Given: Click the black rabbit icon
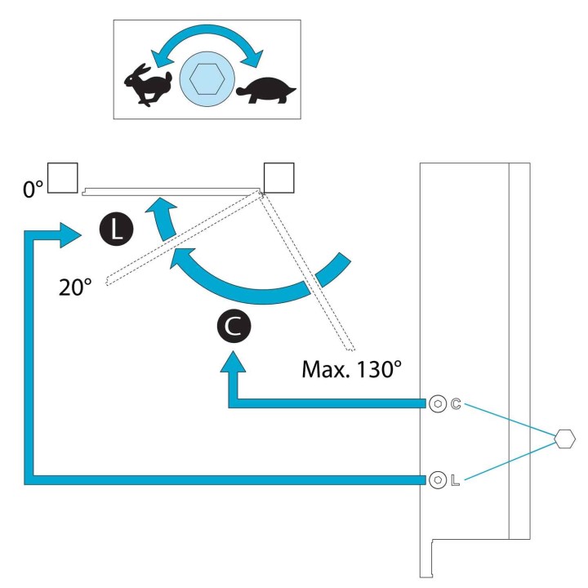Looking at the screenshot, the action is coord(148,85).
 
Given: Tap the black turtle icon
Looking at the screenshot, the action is coord(266,91).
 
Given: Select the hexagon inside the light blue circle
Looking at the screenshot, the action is coord(207,78).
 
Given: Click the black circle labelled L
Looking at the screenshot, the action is coord(116,229).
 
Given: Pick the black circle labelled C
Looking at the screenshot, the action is coord(234,326).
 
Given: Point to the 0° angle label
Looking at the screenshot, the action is coord(33,189).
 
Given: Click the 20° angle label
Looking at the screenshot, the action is coord(75,288).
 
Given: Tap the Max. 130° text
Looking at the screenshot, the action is coord(351,369).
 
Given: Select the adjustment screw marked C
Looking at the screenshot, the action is coord(438,404).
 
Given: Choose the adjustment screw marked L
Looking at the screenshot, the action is coord(438,480).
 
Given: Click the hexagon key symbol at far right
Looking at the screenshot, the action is coord(564,439).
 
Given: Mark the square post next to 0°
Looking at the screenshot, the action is coord(63,178).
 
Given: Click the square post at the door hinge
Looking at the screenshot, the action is coord(279,178).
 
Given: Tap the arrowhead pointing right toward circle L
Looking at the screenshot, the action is coord(69,235).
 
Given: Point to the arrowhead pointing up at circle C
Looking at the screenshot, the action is coord(233,362).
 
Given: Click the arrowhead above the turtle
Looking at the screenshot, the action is coord(254,59).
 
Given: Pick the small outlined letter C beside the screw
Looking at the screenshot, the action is coord(456,404).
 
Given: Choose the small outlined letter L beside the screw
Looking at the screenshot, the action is coord(455,480).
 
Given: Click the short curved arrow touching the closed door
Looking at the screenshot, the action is coord(164,217).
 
